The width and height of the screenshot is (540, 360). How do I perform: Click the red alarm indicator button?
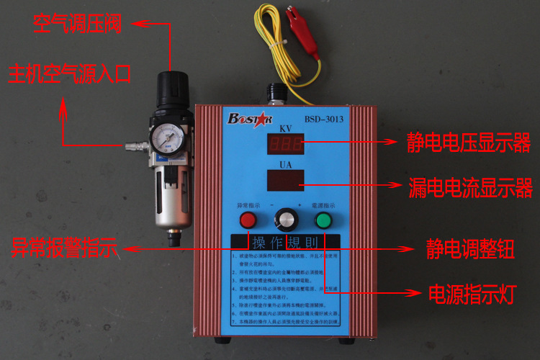point(248,220)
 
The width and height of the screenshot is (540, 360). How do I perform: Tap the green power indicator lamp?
point(323,220)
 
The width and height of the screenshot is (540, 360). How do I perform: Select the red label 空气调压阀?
point(78,24)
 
